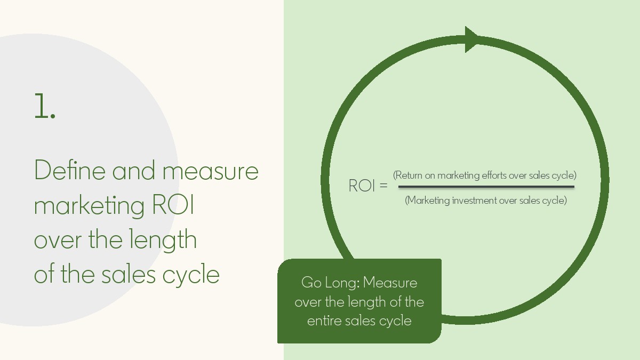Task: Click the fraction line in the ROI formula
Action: click(x=486, y=187)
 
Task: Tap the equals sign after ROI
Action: click(x=383, y=186)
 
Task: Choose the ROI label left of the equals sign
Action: click(x=361, y=186)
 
